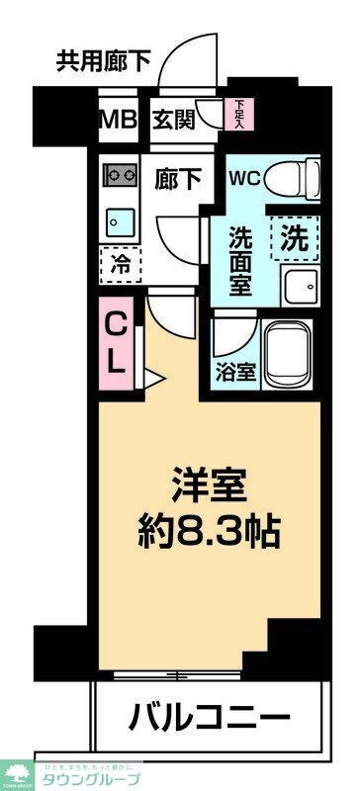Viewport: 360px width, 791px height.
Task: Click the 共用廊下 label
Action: [x=103, y=60]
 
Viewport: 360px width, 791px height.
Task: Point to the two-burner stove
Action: [x=122, y=174]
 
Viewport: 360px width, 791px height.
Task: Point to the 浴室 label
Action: [x=231, y=375]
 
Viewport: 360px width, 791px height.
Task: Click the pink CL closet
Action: [x=117, y=343]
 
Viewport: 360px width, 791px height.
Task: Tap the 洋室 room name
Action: [x=209, y=488]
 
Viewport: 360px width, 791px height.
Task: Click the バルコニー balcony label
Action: [x=210, y=716]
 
